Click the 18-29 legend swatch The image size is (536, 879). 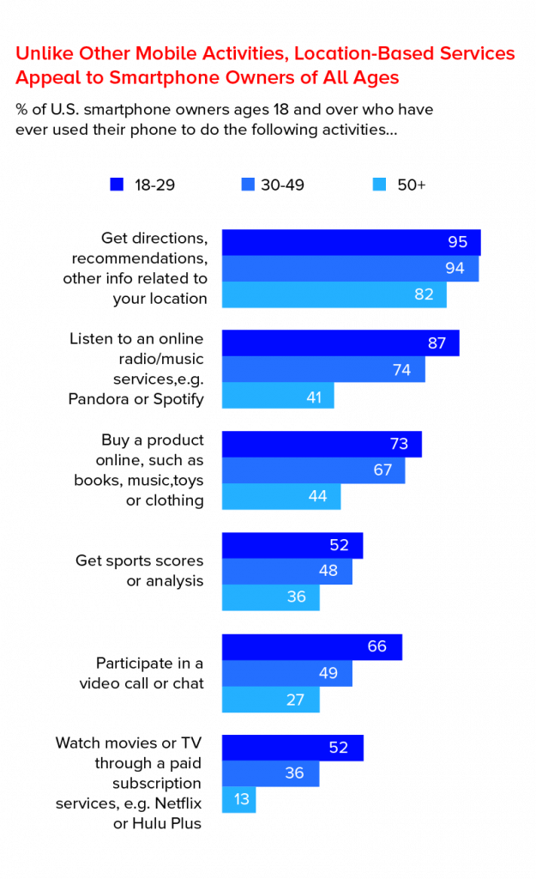click(117, 185)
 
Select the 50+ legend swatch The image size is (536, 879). click(379, 185)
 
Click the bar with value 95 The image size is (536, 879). click(351, 242)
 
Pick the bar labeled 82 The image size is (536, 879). click(334, 294)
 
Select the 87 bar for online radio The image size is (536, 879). click(340, 343)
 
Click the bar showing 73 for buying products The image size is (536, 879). click(322, 445)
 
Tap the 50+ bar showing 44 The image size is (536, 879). click(281, 497)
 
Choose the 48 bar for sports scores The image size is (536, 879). click(286, 571)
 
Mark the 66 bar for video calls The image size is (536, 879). click(311, 647)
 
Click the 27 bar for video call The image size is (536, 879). click(270, 700)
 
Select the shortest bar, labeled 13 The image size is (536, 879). click(239, 800)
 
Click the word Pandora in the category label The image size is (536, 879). click(97, 398)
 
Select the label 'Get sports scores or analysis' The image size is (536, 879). click(140, 571)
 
